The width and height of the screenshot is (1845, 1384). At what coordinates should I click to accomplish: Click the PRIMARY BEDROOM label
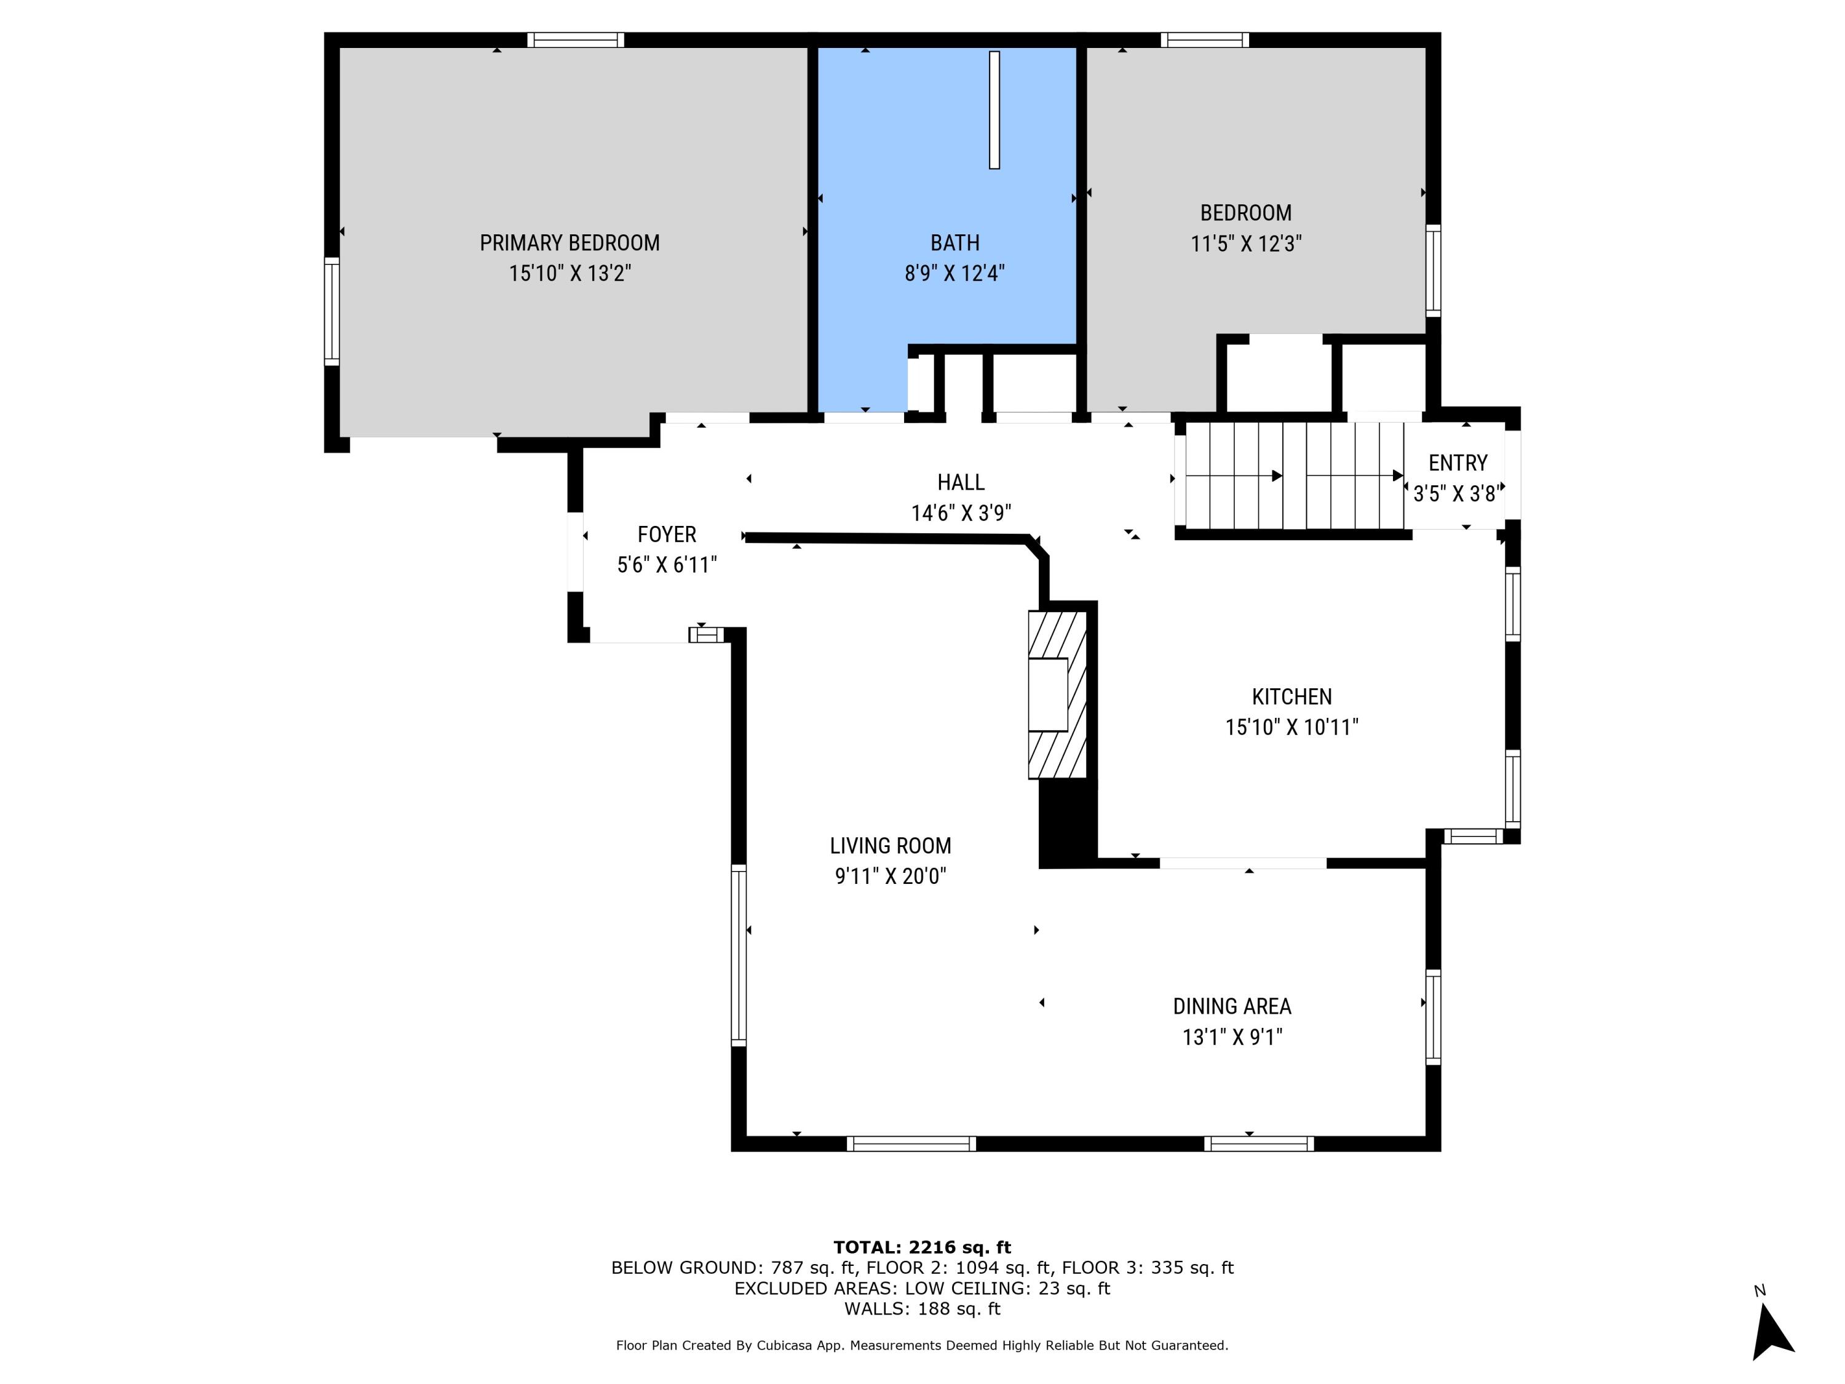click(569, 243)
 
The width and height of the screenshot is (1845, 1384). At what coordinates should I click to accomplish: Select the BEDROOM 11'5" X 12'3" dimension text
click(1245, 244)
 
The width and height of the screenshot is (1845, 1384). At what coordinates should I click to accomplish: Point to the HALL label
click(960, 482)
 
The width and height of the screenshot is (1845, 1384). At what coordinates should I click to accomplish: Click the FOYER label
click(667, 535)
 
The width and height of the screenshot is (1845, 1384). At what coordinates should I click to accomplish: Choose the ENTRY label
click(1457, 463)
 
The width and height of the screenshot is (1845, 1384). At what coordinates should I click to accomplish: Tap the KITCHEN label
click(1291, 696)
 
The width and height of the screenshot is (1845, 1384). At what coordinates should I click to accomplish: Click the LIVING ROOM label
click(890, 846)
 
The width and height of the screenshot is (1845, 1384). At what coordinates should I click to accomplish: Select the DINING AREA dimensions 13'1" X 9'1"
click(1231, 1037)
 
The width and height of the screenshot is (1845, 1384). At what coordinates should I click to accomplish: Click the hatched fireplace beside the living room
click(1057, 695)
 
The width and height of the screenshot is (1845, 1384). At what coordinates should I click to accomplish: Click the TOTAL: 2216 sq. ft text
click(922, 1247)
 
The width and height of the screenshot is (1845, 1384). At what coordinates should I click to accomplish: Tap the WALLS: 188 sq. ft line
click(922, 1309)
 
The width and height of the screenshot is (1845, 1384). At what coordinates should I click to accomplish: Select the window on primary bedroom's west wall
click(332, 311)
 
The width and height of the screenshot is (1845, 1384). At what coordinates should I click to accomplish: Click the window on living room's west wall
click(738, 955)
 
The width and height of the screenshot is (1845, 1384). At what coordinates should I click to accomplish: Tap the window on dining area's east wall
click(1432, 1016)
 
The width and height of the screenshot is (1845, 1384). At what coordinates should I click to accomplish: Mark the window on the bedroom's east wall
click(1432, 270)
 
